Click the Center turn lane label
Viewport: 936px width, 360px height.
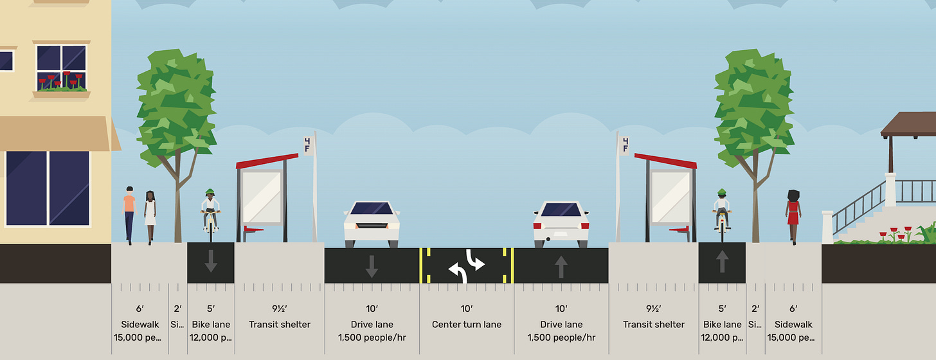click(467, 325)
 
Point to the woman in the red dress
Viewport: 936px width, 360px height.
click(793, 215)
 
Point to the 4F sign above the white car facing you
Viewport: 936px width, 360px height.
click(309, 145)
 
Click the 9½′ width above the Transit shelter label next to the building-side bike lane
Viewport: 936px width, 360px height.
click(280, 309)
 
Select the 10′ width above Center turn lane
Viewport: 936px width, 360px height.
click(467, 309)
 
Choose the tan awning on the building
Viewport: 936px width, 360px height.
click(55, 134)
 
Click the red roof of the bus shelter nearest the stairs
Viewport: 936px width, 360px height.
click(665, 160)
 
